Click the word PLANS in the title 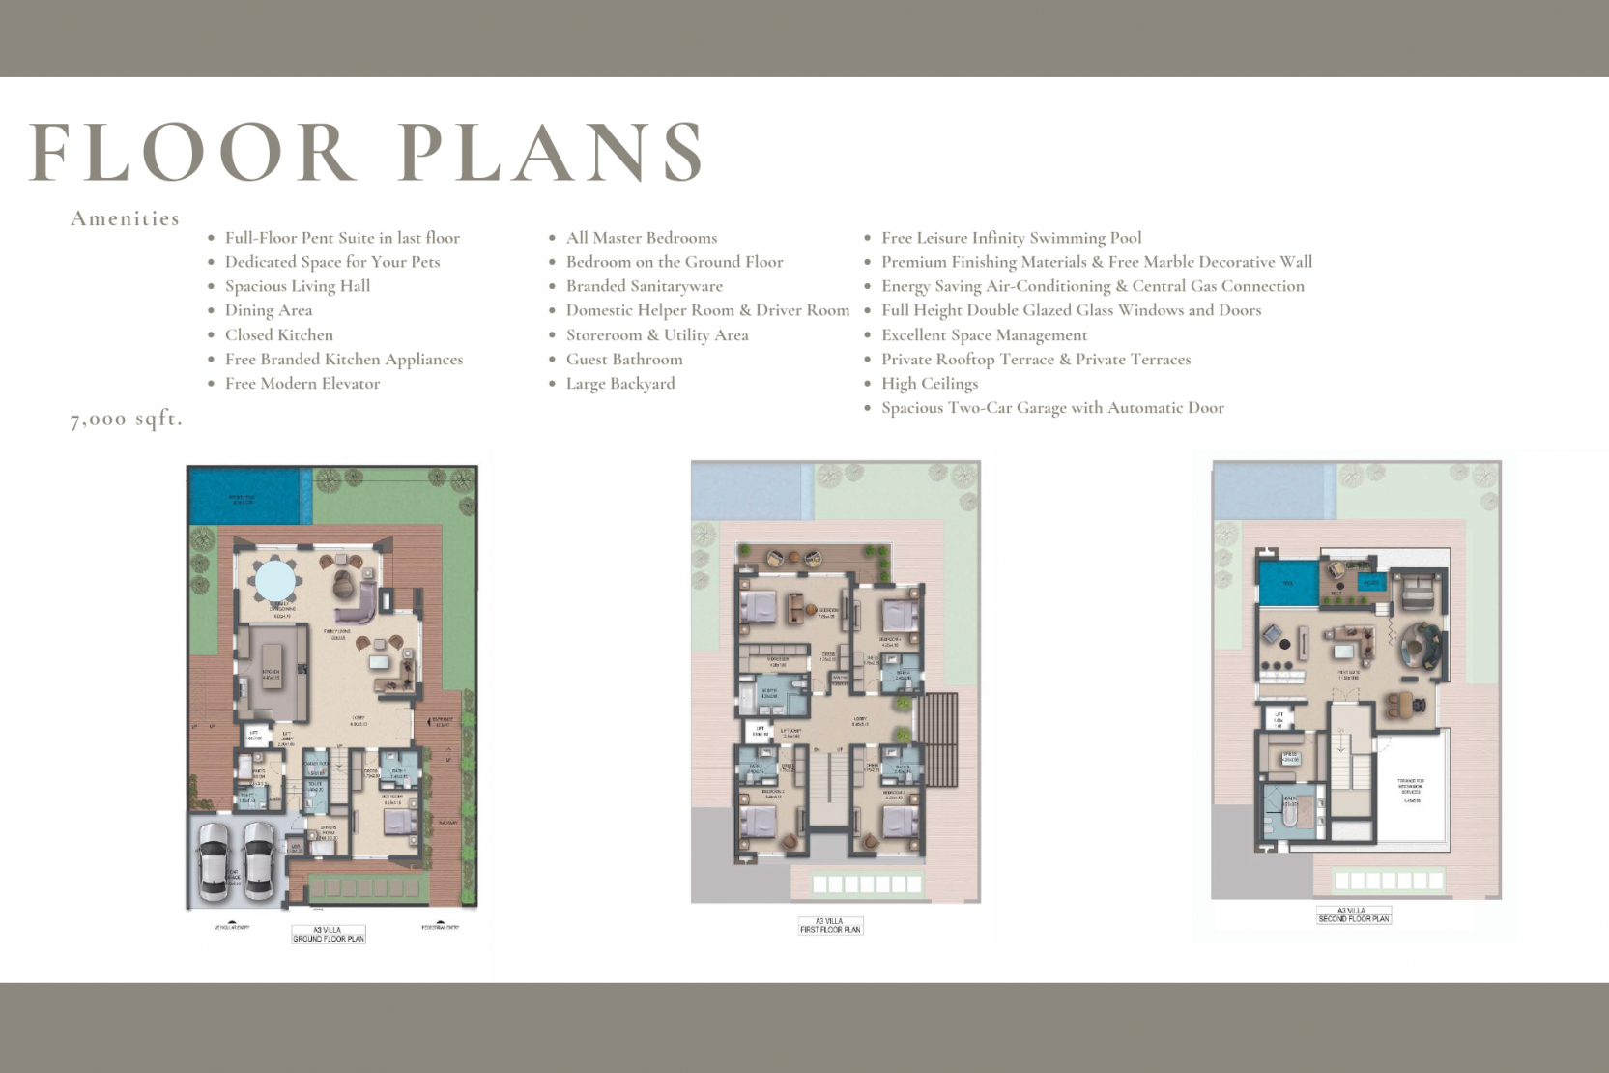coord(551,153)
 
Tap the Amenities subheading coord(125,218)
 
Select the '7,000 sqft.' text coord(126,419)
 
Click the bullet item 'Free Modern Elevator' coord(302,384)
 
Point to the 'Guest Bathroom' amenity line coord(623,360)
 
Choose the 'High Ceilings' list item coord(929,384)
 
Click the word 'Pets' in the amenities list coord(424,262)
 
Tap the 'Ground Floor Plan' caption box coord(329,935)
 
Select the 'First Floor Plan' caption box coord(829,926)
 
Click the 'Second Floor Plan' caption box coord(1353,915)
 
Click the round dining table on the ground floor coord(275,580)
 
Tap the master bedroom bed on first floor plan coord(760,608)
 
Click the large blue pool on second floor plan coord(1288,583)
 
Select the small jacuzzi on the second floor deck coord(1371,582)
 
